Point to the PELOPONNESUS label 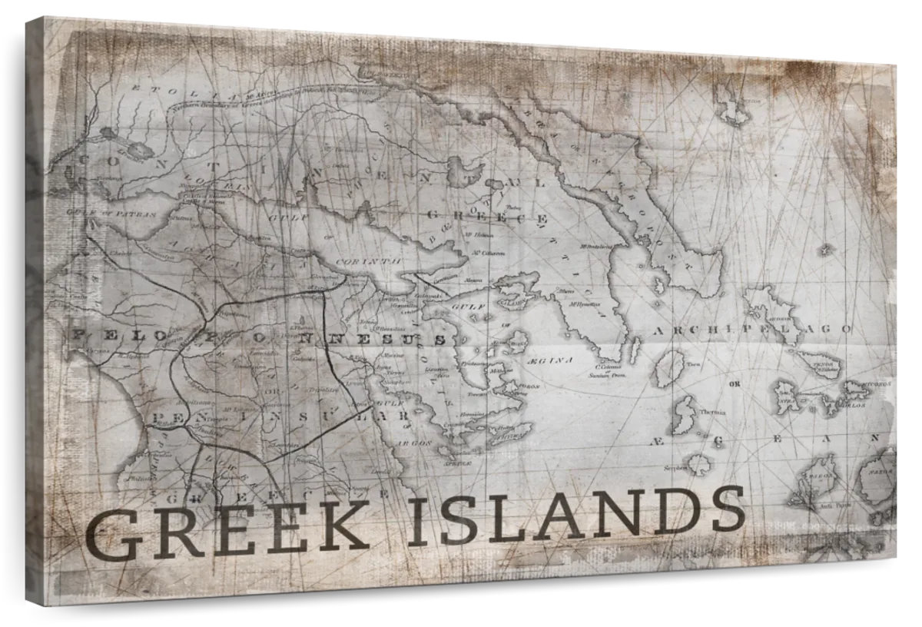(258, 336)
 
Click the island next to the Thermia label (683, 415)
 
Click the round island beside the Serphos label (699, 463)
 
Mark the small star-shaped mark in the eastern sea (826, 249)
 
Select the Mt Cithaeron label (488, 252)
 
